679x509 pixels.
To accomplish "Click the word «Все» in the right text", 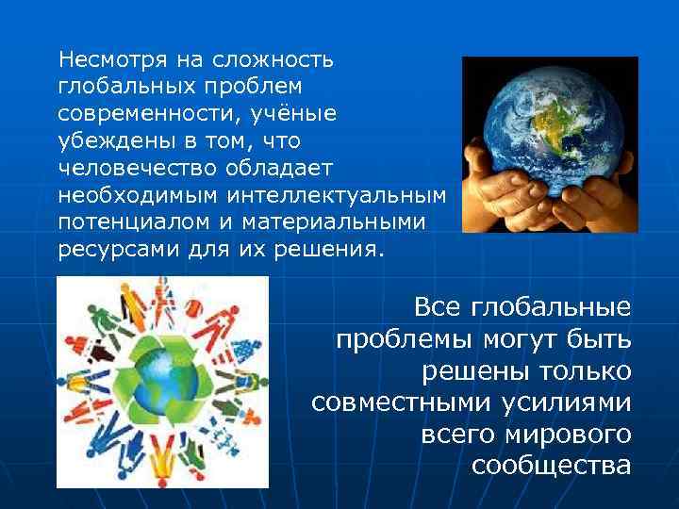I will [x=440, y=307].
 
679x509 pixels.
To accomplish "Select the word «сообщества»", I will [x=551, y=467].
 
